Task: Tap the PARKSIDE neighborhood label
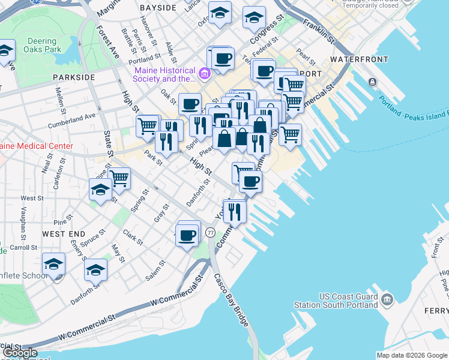click(x=74, y=78)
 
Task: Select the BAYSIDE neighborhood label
click(x=158, y=8)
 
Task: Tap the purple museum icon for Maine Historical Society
click(x=205, y=74)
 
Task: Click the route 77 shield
click(x=210, y=232)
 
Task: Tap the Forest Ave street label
click(x=106, y=41)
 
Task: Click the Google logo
click(x=19, y=353)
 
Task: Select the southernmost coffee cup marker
click(x=188, y=234)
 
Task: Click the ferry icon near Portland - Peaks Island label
click(x=373, y=82)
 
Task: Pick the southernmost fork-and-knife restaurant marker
click(x=235, y=211)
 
